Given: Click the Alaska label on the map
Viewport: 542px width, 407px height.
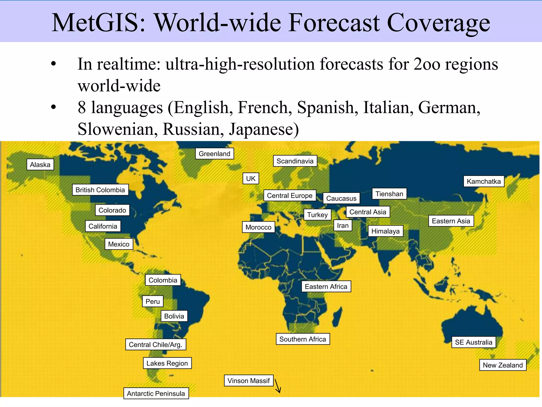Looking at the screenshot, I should pyautogui.click(x=40, y=165).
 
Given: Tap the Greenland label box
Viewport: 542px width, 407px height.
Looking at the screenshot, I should pyautogui.click(x=214, y=154).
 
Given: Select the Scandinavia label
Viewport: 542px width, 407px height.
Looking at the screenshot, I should pyautogui.click(x=295, y=161).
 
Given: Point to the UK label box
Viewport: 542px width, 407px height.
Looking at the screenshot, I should pyautogui.click(x=251, y=179).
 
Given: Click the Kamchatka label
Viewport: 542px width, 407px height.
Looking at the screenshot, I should pyautogui.click(x=484, y=182).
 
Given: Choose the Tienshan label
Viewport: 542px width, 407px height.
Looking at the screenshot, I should pyautogui.click(x=389, y=194).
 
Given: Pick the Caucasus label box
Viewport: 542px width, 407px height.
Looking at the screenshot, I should pyautogui.click(x=341, y=198).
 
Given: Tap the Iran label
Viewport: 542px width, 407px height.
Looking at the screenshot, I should pyautogui.click(x=343, y=226).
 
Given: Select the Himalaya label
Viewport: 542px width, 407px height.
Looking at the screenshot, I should pyautogui.click(x=385, y=231).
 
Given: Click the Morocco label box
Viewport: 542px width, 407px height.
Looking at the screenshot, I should pyautogui.click(x=258, y=227).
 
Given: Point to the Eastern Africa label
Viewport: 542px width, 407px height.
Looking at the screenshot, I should pyautogui.click(x=326, y=287).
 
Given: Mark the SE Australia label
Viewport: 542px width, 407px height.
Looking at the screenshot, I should pyautogui.click(x=473, y=342).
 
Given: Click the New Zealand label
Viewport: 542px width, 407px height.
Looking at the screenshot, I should pyautogui.click(x=503, y=365).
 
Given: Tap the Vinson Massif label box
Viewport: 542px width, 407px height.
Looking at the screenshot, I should pyautogui.click(x=249, y=381).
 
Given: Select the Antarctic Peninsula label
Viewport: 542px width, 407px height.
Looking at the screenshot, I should pyautogui.click(x=156, y=393).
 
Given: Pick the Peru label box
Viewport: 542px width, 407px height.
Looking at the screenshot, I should pyautogui.click(x=153, y=302).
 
